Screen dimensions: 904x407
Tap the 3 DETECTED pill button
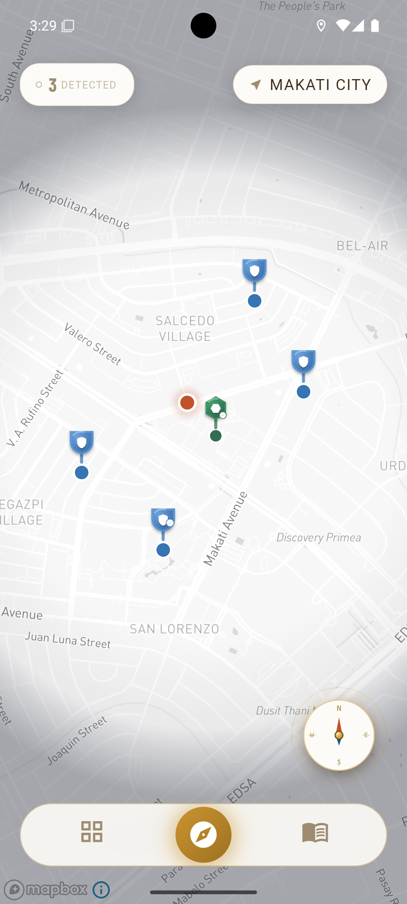[x=77, y=85]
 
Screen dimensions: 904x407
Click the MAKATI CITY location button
[x=310, y=85]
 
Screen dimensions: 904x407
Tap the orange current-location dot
[x=187, y=402]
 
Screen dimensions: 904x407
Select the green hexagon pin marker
[x=216, y=408]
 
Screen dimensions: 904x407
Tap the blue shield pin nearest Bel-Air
[x=303, y=362]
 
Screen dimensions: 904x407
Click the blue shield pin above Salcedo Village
[x=254, y=270]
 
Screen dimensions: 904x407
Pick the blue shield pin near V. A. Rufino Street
[x=81, y=442]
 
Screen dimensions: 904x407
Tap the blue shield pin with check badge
[x=163, y=520]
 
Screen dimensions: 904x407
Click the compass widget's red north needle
[x=339, y=725]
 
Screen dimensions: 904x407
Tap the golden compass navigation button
[x=203, y=835]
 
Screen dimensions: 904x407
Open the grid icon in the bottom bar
[x=92, y=832]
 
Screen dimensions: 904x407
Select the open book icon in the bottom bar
[x=315, y=832]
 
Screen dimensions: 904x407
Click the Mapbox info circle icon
[x=101, y=890]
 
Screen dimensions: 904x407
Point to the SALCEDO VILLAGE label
[x=185, y=328]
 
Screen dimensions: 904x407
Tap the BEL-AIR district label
[x=362, y=246]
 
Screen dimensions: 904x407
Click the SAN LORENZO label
[x=174, y=629]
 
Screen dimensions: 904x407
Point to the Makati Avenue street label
[x=225, y=528]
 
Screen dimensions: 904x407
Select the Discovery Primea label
[x=319, y=538]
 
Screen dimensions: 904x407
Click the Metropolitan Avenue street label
[x=74, y=205]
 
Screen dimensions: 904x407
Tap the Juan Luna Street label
[x=68, y=640]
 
